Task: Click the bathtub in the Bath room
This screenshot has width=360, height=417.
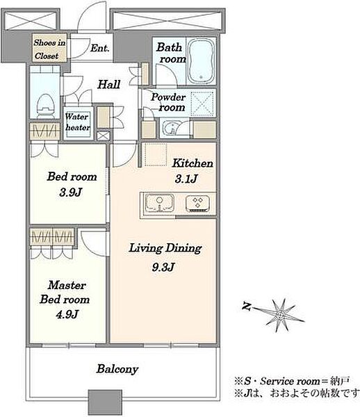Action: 201,61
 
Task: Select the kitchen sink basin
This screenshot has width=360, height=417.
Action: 159,204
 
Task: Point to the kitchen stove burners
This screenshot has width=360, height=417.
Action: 197,204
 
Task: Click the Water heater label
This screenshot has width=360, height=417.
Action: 78,122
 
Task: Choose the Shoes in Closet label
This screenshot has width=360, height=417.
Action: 49,49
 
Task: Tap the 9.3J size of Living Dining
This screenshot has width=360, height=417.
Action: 163,267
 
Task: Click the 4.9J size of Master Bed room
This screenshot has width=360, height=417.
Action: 67,314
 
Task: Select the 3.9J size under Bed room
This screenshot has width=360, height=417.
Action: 71,192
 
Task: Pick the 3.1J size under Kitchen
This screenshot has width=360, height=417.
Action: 186,179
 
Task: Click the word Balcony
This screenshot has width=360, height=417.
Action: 117,369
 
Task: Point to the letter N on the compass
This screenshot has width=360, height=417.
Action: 247,306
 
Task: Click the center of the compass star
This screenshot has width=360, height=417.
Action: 280,315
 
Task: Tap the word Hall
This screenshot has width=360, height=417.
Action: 108,85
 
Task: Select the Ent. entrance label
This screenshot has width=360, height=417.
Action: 99,48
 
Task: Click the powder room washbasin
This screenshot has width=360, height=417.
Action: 171,128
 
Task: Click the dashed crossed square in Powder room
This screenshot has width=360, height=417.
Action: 202,104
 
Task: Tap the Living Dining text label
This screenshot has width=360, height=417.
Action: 165,248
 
